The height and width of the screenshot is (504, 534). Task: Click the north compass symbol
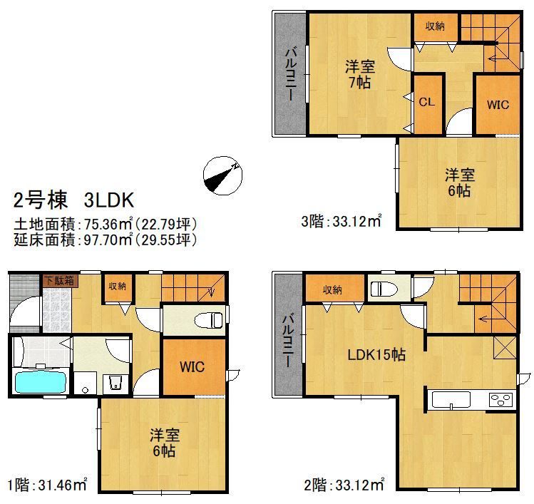tap(222, 175)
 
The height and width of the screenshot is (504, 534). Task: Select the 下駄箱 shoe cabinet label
tap(59, 281)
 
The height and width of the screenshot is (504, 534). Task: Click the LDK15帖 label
tap(376, 355)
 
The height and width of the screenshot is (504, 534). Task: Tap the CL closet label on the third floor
tap(427, 102)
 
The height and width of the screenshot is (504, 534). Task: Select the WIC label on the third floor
tap(498, 105)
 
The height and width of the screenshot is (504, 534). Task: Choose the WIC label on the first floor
tap(192, 366)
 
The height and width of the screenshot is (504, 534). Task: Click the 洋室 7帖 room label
tap(359, 75)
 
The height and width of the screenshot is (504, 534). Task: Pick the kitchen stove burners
tap(500, 399)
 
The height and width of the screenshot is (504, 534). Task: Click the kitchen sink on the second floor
tap(451, 400)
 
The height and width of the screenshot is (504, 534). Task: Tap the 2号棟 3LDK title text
tap(73, 200)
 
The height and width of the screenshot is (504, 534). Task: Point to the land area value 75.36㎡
tap(108, 224)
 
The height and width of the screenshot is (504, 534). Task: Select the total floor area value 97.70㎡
tap(108, 240)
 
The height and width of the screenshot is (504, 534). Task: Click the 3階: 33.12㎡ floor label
tap(342, 222)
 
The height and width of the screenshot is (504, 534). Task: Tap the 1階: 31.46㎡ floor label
tap(47, 485)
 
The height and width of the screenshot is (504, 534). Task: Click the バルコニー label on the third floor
tap(290, 74)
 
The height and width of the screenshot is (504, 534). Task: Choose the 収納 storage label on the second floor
tap(332, 290)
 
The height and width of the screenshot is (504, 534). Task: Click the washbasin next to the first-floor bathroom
tap(115, 383)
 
